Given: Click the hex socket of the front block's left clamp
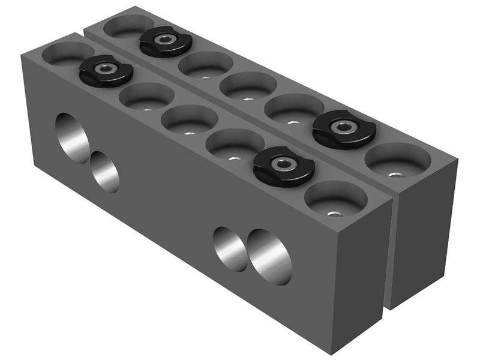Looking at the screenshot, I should (x=106, y=68).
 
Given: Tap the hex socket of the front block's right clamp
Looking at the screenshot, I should (x=282, y=163).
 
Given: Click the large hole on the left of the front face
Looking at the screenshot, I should (x=72, y=137).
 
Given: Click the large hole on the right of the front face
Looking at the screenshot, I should (x=269, y=256).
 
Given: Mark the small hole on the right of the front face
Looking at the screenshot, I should (x=229, y=248).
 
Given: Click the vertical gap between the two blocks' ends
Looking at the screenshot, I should (x=387, y=252).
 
